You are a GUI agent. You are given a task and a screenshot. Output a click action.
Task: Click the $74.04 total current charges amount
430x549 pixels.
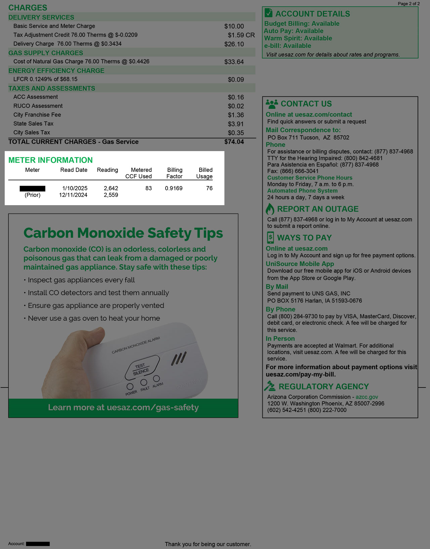pos(234,142)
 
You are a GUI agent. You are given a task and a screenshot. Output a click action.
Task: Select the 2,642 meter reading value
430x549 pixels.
pos(111,188)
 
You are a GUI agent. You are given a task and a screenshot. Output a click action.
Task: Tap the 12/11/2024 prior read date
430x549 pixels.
pos(73,195)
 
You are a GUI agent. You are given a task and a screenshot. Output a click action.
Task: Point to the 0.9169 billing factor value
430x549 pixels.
pos(174,188)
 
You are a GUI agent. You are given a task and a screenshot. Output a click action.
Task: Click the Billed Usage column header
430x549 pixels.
pos(205,173)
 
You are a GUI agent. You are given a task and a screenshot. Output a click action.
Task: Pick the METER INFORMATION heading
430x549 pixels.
pos(50,160)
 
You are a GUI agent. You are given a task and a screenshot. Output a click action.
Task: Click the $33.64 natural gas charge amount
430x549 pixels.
pos(234,62)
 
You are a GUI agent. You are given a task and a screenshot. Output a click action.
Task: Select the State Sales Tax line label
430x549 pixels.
pos(34,124)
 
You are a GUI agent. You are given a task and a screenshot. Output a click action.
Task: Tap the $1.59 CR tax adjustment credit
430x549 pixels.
pos(241,35)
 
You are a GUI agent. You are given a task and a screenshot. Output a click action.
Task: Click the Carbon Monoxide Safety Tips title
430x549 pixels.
pos(123,233)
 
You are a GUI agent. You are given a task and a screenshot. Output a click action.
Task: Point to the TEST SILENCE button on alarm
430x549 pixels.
pos(141,369)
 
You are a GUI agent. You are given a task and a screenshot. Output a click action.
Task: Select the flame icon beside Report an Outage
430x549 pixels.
pos(270,209)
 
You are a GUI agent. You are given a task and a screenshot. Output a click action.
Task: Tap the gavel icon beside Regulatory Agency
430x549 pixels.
pos(270,386)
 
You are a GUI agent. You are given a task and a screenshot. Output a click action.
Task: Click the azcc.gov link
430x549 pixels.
pos(367,397)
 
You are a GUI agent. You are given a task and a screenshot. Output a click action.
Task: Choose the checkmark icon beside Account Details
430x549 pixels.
pos(268,13)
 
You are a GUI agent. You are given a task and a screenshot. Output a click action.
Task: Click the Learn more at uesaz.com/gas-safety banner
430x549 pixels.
pos(123,408)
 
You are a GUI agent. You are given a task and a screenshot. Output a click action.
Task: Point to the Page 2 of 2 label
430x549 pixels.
pos(408,4)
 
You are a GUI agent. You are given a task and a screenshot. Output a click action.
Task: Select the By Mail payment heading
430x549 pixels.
pos(277,287)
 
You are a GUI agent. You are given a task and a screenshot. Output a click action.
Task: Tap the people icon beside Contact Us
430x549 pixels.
pos(272,104)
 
